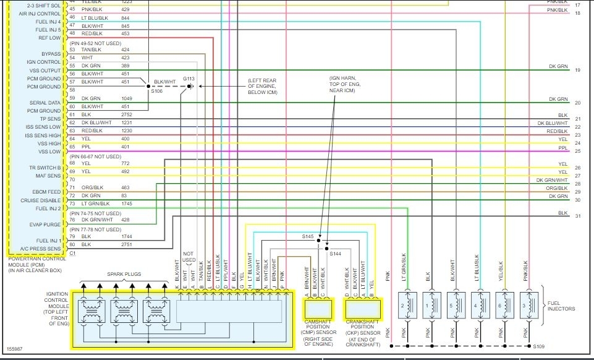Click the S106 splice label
(156, 92)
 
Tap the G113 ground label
(189, 79)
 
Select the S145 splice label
(308, 237)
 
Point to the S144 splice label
(335, 254)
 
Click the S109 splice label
(539, 346)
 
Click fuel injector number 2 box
(405, 307)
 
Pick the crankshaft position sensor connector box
(363, 307)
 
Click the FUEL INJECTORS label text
(561, 306)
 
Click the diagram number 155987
(15, 349)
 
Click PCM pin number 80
(72, 244)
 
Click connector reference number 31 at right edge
(577, 216)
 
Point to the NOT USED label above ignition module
(189, 257)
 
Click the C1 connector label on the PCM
(72, 253)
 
